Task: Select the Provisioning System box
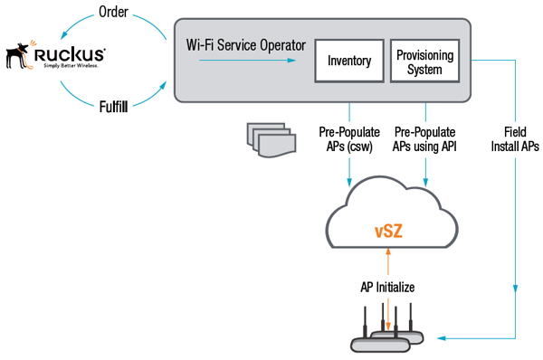(425, 62)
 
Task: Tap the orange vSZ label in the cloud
(388, 232)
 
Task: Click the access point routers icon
(387, 335)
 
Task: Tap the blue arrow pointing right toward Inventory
(244, 62)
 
